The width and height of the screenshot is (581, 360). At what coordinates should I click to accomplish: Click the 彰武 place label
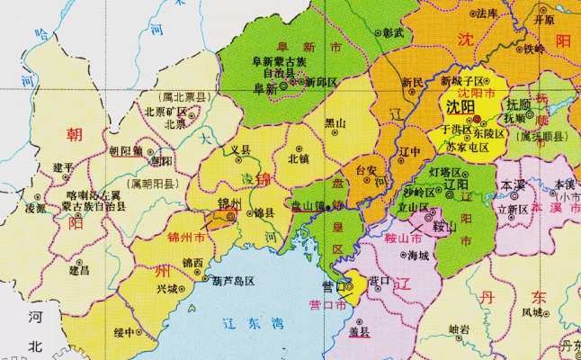pyautogui.click(x=393, y=31)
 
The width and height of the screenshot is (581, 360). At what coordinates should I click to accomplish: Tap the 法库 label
pyautogui.click(x=487, y=13)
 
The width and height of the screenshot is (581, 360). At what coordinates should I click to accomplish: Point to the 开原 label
pyautogui.click(x=545, y=18)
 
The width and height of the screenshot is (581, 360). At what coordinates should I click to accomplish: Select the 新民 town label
pyautogui.click(x=412, y=83)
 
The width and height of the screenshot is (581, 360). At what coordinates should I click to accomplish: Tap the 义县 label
pyautogui.click(x=240, y=149)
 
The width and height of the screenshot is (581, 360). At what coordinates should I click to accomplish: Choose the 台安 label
pyautogui.click(x=366, y=168)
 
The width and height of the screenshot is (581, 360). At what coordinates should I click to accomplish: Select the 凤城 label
pyautogui.click(x=532, y=312)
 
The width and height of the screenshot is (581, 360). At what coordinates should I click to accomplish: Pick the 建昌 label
pyautogui.click(x=80, y=269)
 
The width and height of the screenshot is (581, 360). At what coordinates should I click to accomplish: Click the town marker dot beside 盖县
pyautogui.click(x=358, y=321)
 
